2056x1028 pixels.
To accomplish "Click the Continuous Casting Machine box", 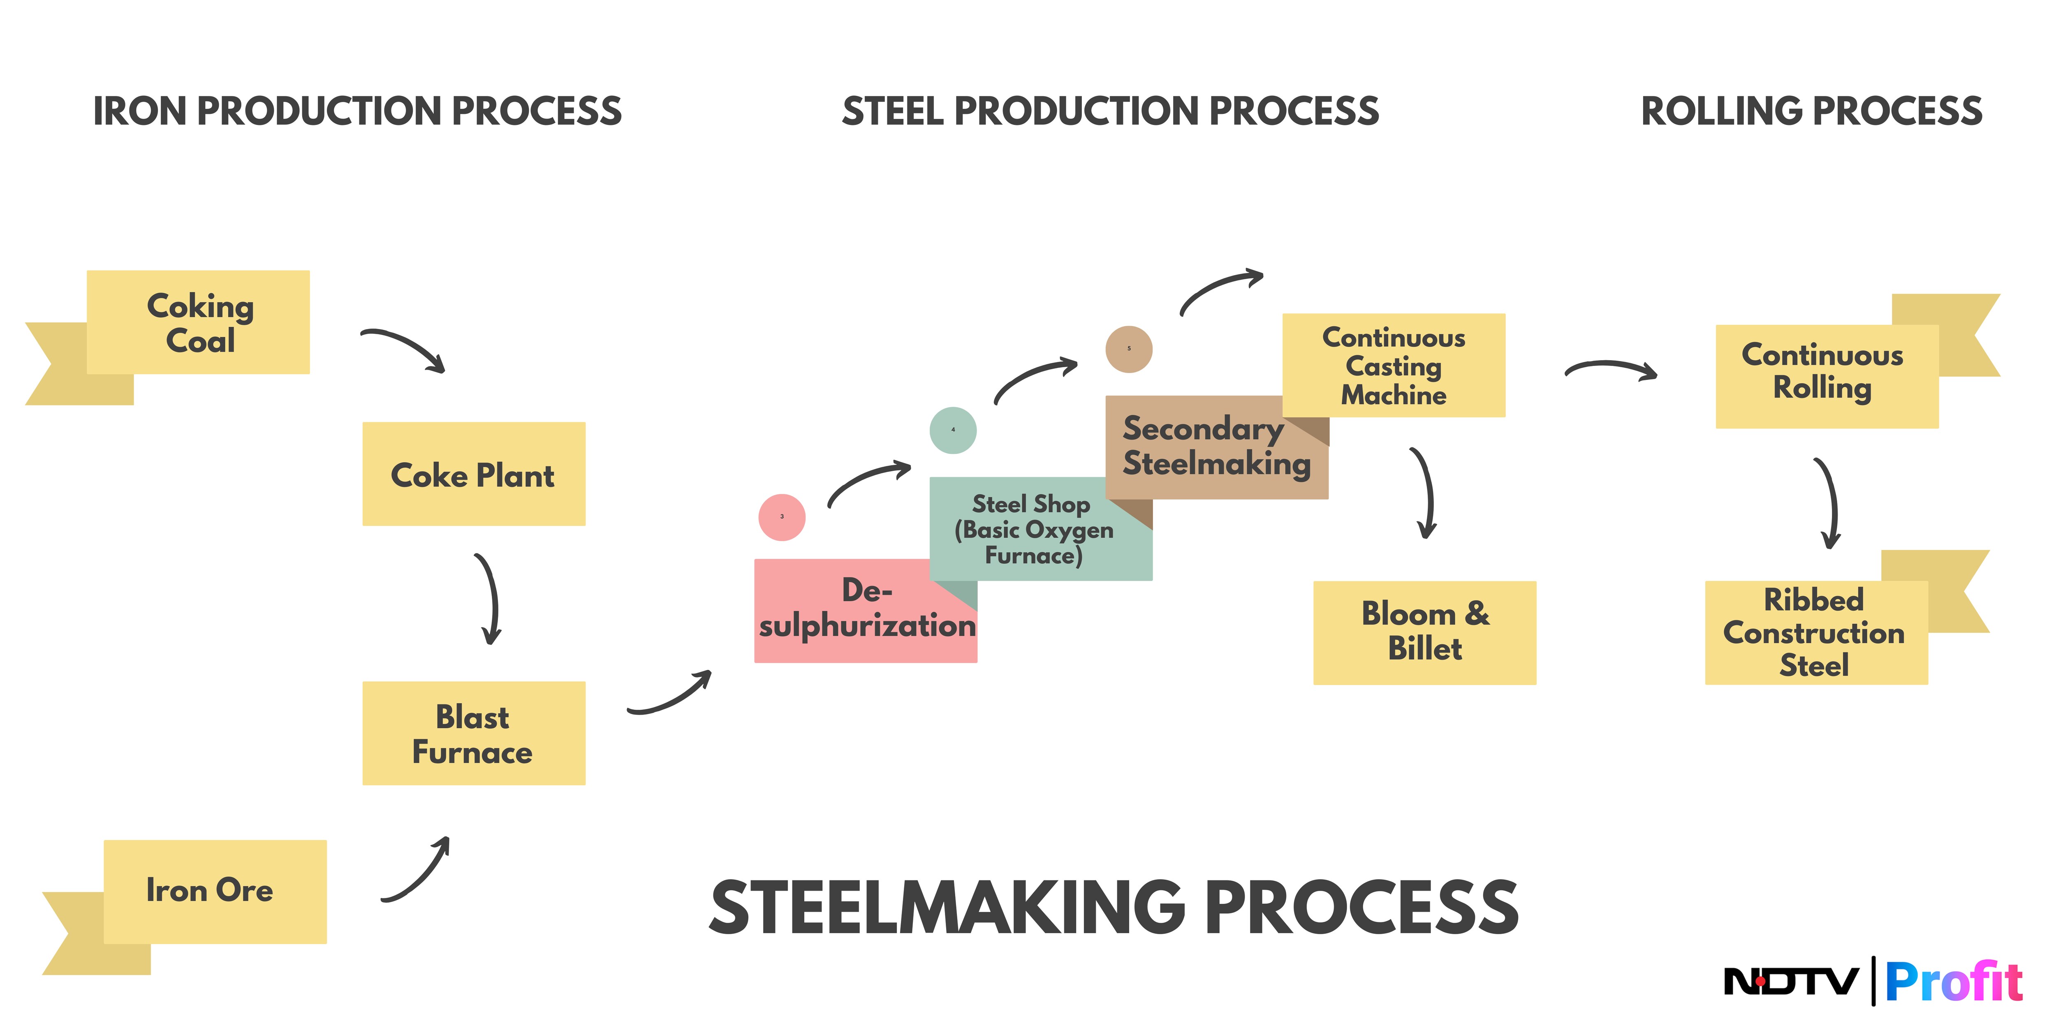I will pyautogui.click(x=1394, y=366).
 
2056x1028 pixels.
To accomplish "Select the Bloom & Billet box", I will pyautogui.click(x=1425, y=632).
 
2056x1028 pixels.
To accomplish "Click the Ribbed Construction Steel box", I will pyautogui.click(x=1816, y=632).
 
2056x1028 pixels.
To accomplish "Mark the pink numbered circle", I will pyautogui.click(x=781, y=517).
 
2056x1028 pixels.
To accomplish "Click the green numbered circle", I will pyautogui.click(x=953, y=430).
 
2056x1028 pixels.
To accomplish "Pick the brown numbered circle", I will pyautogui.click(x=1129, y=349).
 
